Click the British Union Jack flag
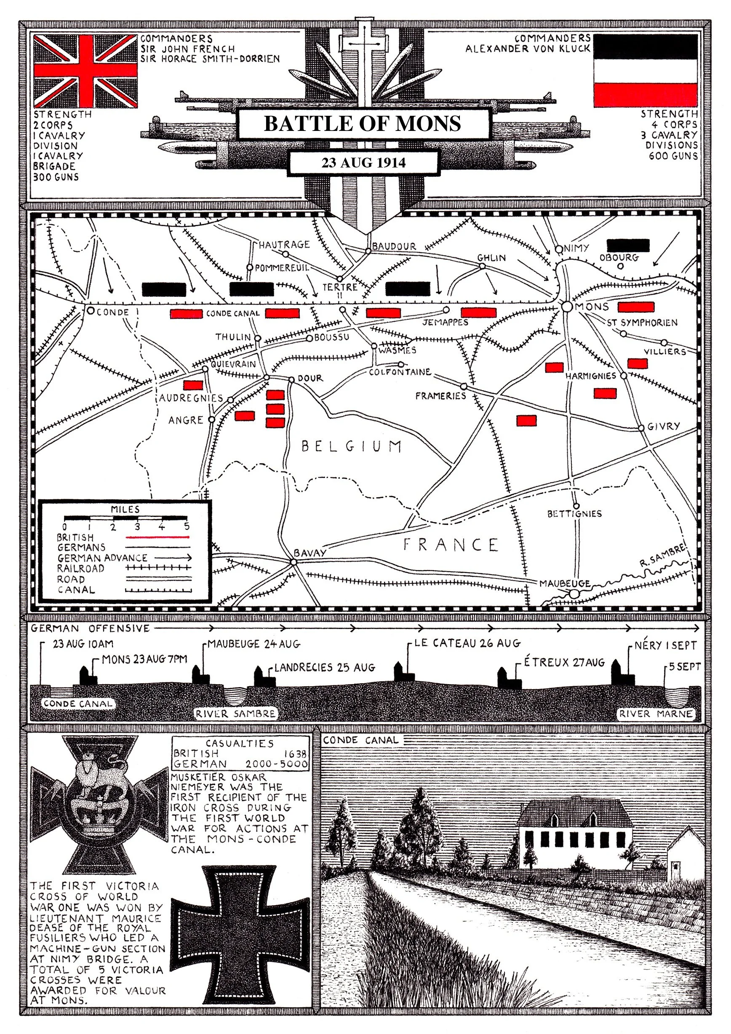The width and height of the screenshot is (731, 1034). [x=85, y=71]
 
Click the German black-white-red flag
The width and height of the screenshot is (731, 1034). [x=645, y=71]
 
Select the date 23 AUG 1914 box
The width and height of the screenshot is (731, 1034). [x=363, y=163]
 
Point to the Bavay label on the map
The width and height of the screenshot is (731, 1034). [x=309, y=553]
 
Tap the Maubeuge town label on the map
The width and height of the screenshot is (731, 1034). [x=565, y=584]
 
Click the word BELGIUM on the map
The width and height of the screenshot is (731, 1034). [x=351, y=446]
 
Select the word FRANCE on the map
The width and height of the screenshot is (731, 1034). [x=451, y=544]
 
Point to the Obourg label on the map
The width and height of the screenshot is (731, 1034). [x=619, y=258]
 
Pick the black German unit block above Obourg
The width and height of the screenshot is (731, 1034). [x=628, y=245]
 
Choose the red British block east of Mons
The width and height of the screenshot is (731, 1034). [x=635, y=307]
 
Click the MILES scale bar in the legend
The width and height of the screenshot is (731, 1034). [x=125, y=517]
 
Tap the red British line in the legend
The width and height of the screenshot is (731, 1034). [x=157, y=537]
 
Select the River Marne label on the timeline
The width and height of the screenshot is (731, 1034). [x=655, y=713]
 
